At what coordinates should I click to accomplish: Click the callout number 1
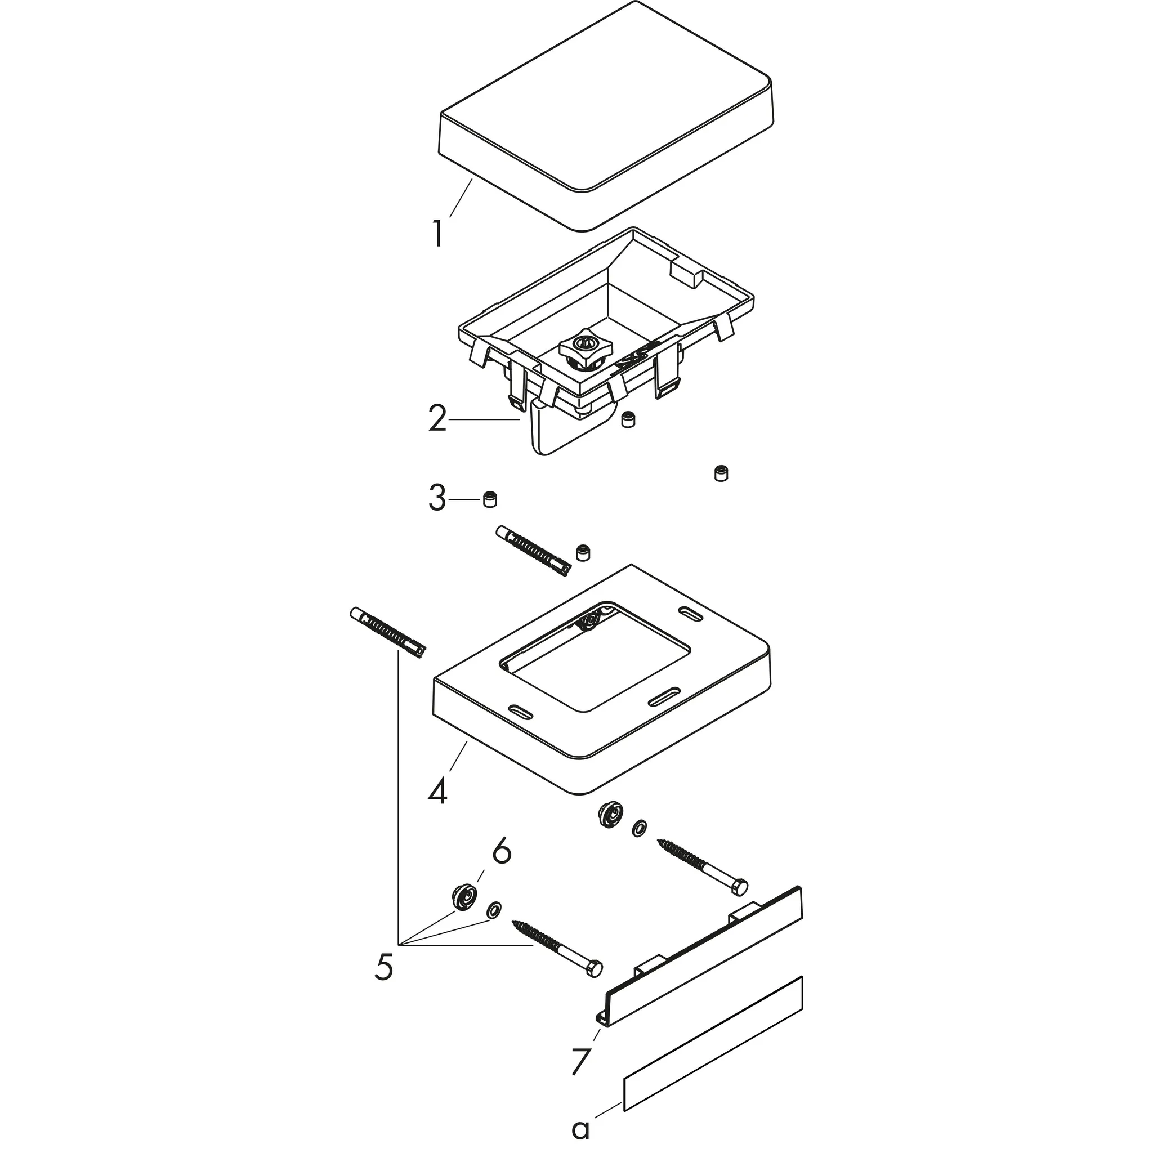tap(439, 234)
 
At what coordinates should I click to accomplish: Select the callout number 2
tap(437, 419)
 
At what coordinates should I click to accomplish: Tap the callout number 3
tap(437, 498)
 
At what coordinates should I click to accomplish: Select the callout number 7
tap(580, 1061)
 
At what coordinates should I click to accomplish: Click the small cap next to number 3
tap(490, 499)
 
